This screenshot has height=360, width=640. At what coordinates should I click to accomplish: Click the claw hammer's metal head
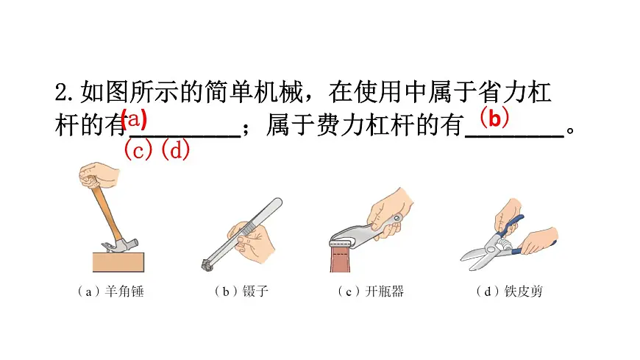click(110, 245)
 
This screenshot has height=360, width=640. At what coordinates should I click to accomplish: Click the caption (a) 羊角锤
click(110, 292)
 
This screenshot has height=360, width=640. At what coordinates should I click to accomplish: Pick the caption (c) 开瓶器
click(371, 292)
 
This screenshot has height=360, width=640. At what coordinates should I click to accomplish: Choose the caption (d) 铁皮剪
click(508, 292)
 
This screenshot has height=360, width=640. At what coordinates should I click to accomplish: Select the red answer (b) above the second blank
click(494, 117)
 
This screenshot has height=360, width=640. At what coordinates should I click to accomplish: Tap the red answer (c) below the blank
click(138, 150)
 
